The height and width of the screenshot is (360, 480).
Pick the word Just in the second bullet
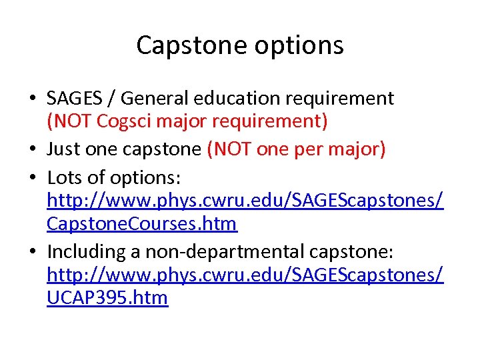pos(63,149)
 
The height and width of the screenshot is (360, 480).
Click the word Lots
pos(63,177)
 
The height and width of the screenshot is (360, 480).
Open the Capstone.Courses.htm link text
pos(141,223)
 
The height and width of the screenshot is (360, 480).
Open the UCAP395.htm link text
pos(107,297)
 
